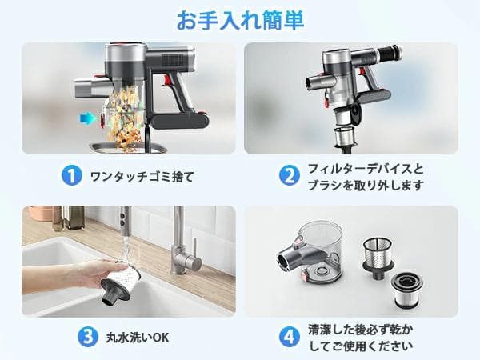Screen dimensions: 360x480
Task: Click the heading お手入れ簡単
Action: (239, 19)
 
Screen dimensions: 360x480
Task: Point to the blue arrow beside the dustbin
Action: (85, 118)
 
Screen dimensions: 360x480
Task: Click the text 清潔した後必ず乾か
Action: (362, 328)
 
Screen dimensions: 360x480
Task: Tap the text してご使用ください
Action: (361, 346)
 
